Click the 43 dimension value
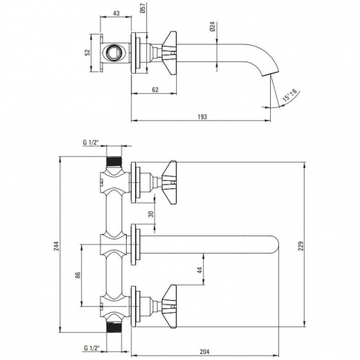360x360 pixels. coord(116,13)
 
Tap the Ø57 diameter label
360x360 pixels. coord(143,8)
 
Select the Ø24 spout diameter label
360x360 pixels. coord(212,27)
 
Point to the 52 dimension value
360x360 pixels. coord(87,52)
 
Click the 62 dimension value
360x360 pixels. coord(155,89)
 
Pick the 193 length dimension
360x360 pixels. coord(202,117)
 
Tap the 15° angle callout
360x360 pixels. coord(290,95)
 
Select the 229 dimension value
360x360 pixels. coord(301,246)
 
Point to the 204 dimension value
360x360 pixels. coord(205,352)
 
